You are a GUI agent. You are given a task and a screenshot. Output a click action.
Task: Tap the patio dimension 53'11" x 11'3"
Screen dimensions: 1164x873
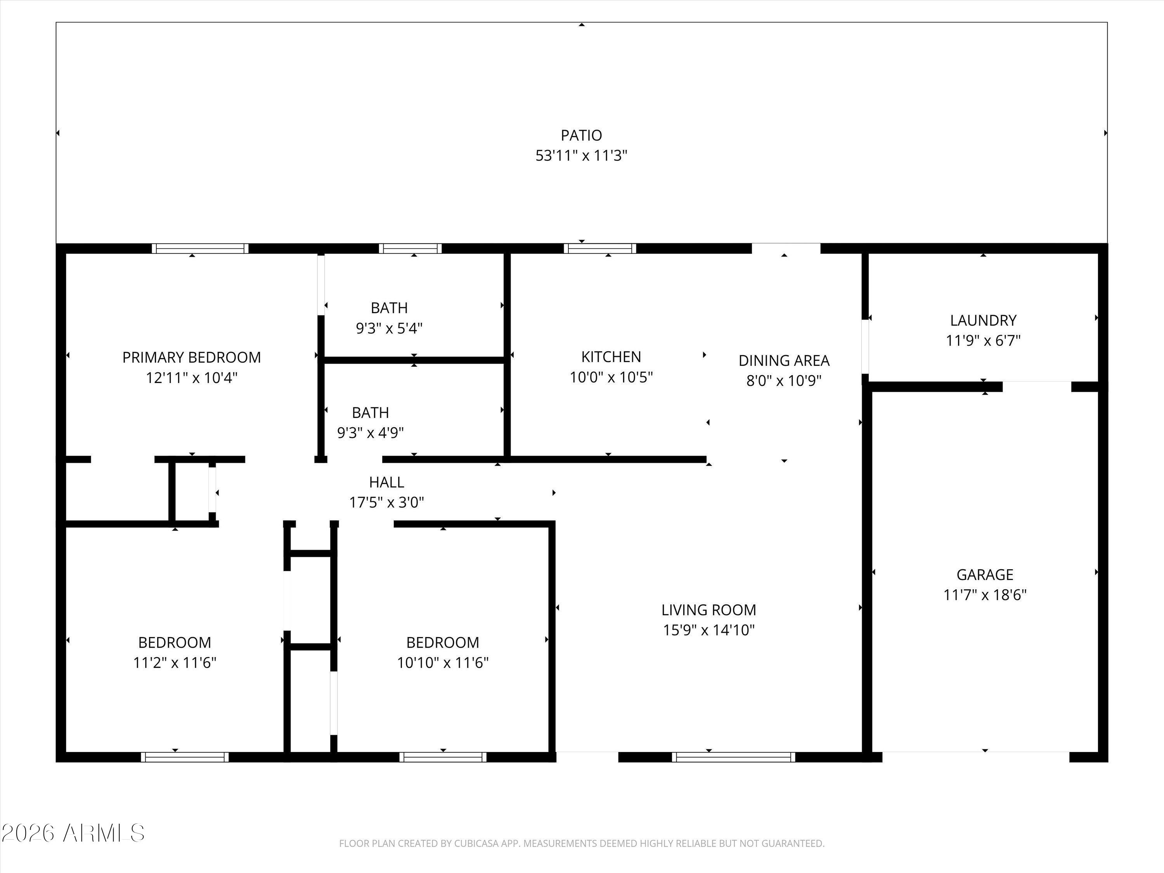coord(582,156)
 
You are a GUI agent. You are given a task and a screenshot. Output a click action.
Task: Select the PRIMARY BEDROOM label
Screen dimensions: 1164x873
coord(192,357)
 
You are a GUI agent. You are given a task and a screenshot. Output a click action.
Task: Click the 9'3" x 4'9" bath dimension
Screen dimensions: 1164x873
coord(371,433)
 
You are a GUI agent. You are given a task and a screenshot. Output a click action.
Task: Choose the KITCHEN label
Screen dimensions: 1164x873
coord(611,357)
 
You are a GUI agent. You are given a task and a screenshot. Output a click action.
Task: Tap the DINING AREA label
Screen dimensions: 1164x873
coord(784,360)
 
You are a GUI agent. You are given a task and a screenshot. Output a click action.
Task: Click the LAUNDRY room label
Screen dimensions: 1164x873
coord(983,320)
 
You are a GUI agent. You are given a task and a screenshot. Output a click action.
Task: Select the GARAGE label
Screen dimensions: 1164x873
coord(985,574)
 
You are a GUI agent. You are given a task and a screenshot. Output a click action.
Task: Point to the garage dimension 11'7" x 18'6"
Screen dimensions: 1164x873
coord(985,595)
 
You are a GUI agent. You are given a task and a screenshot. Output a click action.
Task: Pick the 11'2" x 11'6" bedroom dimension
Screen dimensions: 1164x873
coord(175,663)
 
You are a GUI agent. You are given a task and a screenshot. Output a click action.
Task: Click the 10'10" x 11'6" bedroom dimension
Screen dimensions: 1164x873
coord(443,663)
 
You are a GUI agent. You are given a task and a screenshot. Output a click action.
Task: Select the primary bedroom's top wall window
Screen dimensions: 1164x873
coord(200,248)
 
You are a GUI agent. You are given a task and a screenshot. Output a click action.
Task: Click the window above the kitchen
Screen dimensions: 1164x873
coord(600,248)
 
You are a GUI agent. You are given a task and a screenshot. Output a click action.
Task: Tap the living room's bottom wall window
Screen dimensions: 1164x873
coord(734,757)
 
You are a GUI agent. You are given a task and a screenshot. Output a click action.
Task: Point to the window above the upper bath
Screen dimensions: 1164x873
coord(411,248)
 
